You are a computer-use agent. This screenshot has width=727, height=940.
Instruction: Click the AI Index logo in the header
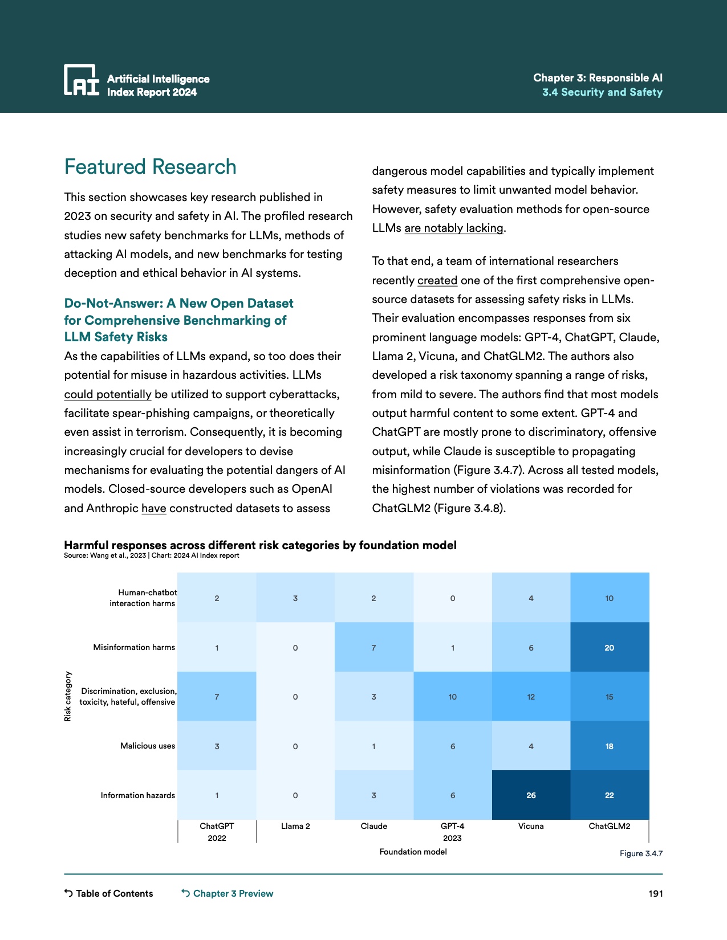[82, 80]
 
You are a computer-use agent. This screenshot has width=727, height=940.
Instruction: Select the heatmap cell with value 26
[531, 795]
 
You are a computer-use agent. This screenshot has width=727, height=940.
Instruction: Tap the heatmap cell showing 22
[610, 795]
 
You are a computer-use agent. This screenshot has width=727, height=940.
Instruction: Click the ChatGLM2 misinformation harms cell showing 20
[610, 648]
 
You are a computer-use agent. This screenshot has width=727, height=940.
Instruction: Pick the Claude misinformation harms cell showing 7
[373, 648]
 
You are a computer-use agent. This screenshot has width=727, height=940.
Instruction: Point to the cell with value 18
[610, 746]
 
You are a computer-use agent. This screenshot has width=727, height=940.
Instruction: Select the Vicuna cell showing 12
[531, 697]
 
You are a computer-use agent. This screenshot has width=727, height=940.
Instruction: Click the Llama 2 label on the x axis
[295, 826]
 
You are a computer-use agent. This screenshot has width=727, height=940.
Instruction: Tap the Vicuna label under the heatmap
[531, 826]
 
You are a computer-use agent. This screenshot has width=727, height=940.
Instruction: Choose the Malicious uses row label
[148, 746]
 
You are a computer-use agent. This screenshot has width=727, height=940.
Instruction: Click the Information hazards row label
[138, 795]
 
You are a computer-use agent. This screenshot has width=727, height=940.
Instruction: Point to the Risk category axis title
[68, 696]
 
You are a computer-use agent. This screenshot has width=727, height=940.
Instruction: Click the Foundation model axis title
[413, 852]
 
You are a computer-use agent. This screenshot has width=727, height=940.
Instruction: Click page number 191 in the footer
[656, 893]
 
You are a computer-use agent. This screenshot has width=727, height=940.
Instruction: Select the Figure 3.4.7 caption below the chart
[641, 853]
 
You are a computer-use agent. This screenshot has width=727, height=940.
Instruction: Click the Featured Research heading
[151, 167]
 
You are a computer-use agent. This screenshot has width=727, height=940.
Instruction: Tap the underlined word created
[437, 280]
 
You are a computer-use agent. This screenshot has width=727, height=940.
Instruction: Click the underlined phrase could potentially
[108, 394]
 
